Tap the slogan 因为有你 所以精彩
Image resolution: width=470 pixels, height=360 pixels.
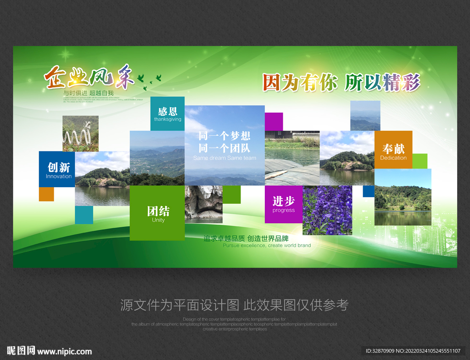[341, 83]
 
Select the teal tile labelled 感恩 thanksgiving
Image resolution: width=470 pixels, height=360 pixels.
[168, 113]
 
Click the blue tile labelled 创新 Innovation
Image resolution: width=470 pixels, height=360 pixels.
[57, 169]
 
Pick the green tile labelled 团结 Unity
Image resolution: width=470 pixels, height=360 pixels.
[157, 213]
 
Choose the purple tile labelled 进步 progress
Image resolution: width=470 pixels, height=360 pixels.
[284, 204]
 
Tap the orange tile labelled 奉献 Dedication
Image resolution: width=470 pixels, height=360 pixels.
[393, 150]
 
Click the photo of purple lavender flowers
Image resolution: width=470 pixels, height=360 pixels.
[327, 210]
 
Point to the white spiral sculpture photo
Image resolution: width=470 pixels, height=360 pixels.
[80, 133]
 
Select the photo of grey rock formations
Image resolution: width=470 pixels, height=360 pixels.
[203, 204]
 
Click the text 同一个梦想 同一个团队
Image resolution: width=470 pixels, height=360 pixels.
[224, 142]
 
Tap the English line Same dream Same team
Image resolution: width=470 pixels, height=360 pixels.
[224, 158]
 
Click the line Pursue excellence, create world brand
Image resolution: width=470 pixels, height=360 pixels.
[267, 245]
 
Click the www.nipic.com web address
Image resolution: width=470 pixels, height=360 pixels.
[64, 352]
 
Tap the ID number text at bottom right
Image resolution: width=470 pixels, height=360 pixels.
[413, 351]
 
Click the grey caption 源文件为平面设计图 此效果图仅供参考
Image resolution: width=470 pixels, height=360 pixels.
[235, 305]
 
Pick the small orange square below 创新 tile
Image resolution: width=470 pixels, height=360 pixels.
[46, 194]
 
